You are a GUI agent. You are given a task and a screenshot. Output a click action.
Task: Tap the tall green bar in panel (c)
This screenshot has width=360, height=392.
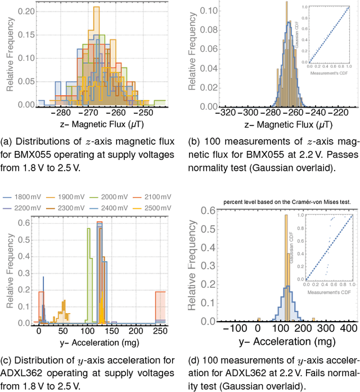pyautogui.click(x=88, y=276)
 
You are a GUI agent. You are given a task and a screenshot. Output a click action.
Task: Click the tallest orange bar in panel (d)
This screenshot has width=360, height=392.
pyautogui.click(x=286, y=270)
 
